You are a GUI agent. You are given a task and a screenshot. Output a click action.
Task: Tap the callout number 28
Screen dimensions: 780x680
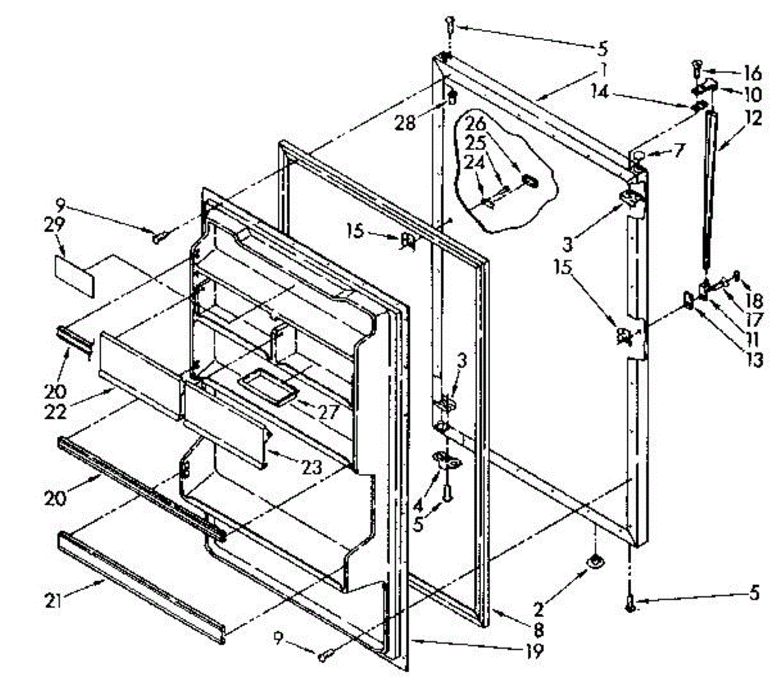click(406, 122)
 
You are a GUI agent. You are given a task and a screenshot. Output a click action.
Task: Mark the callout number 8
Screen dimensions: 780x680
click(539, 629)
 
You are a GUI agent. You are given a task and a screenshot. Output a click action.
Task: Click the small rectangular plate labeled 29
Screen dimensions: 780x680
click(73, 274)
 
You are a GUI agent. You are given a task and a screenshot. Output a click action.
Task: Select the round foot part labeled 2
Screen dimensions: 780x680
click(595, 561)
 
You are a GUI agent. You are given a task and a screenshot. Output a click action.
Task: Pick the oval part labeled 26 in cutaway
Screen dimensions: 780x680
click(530, 180)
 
